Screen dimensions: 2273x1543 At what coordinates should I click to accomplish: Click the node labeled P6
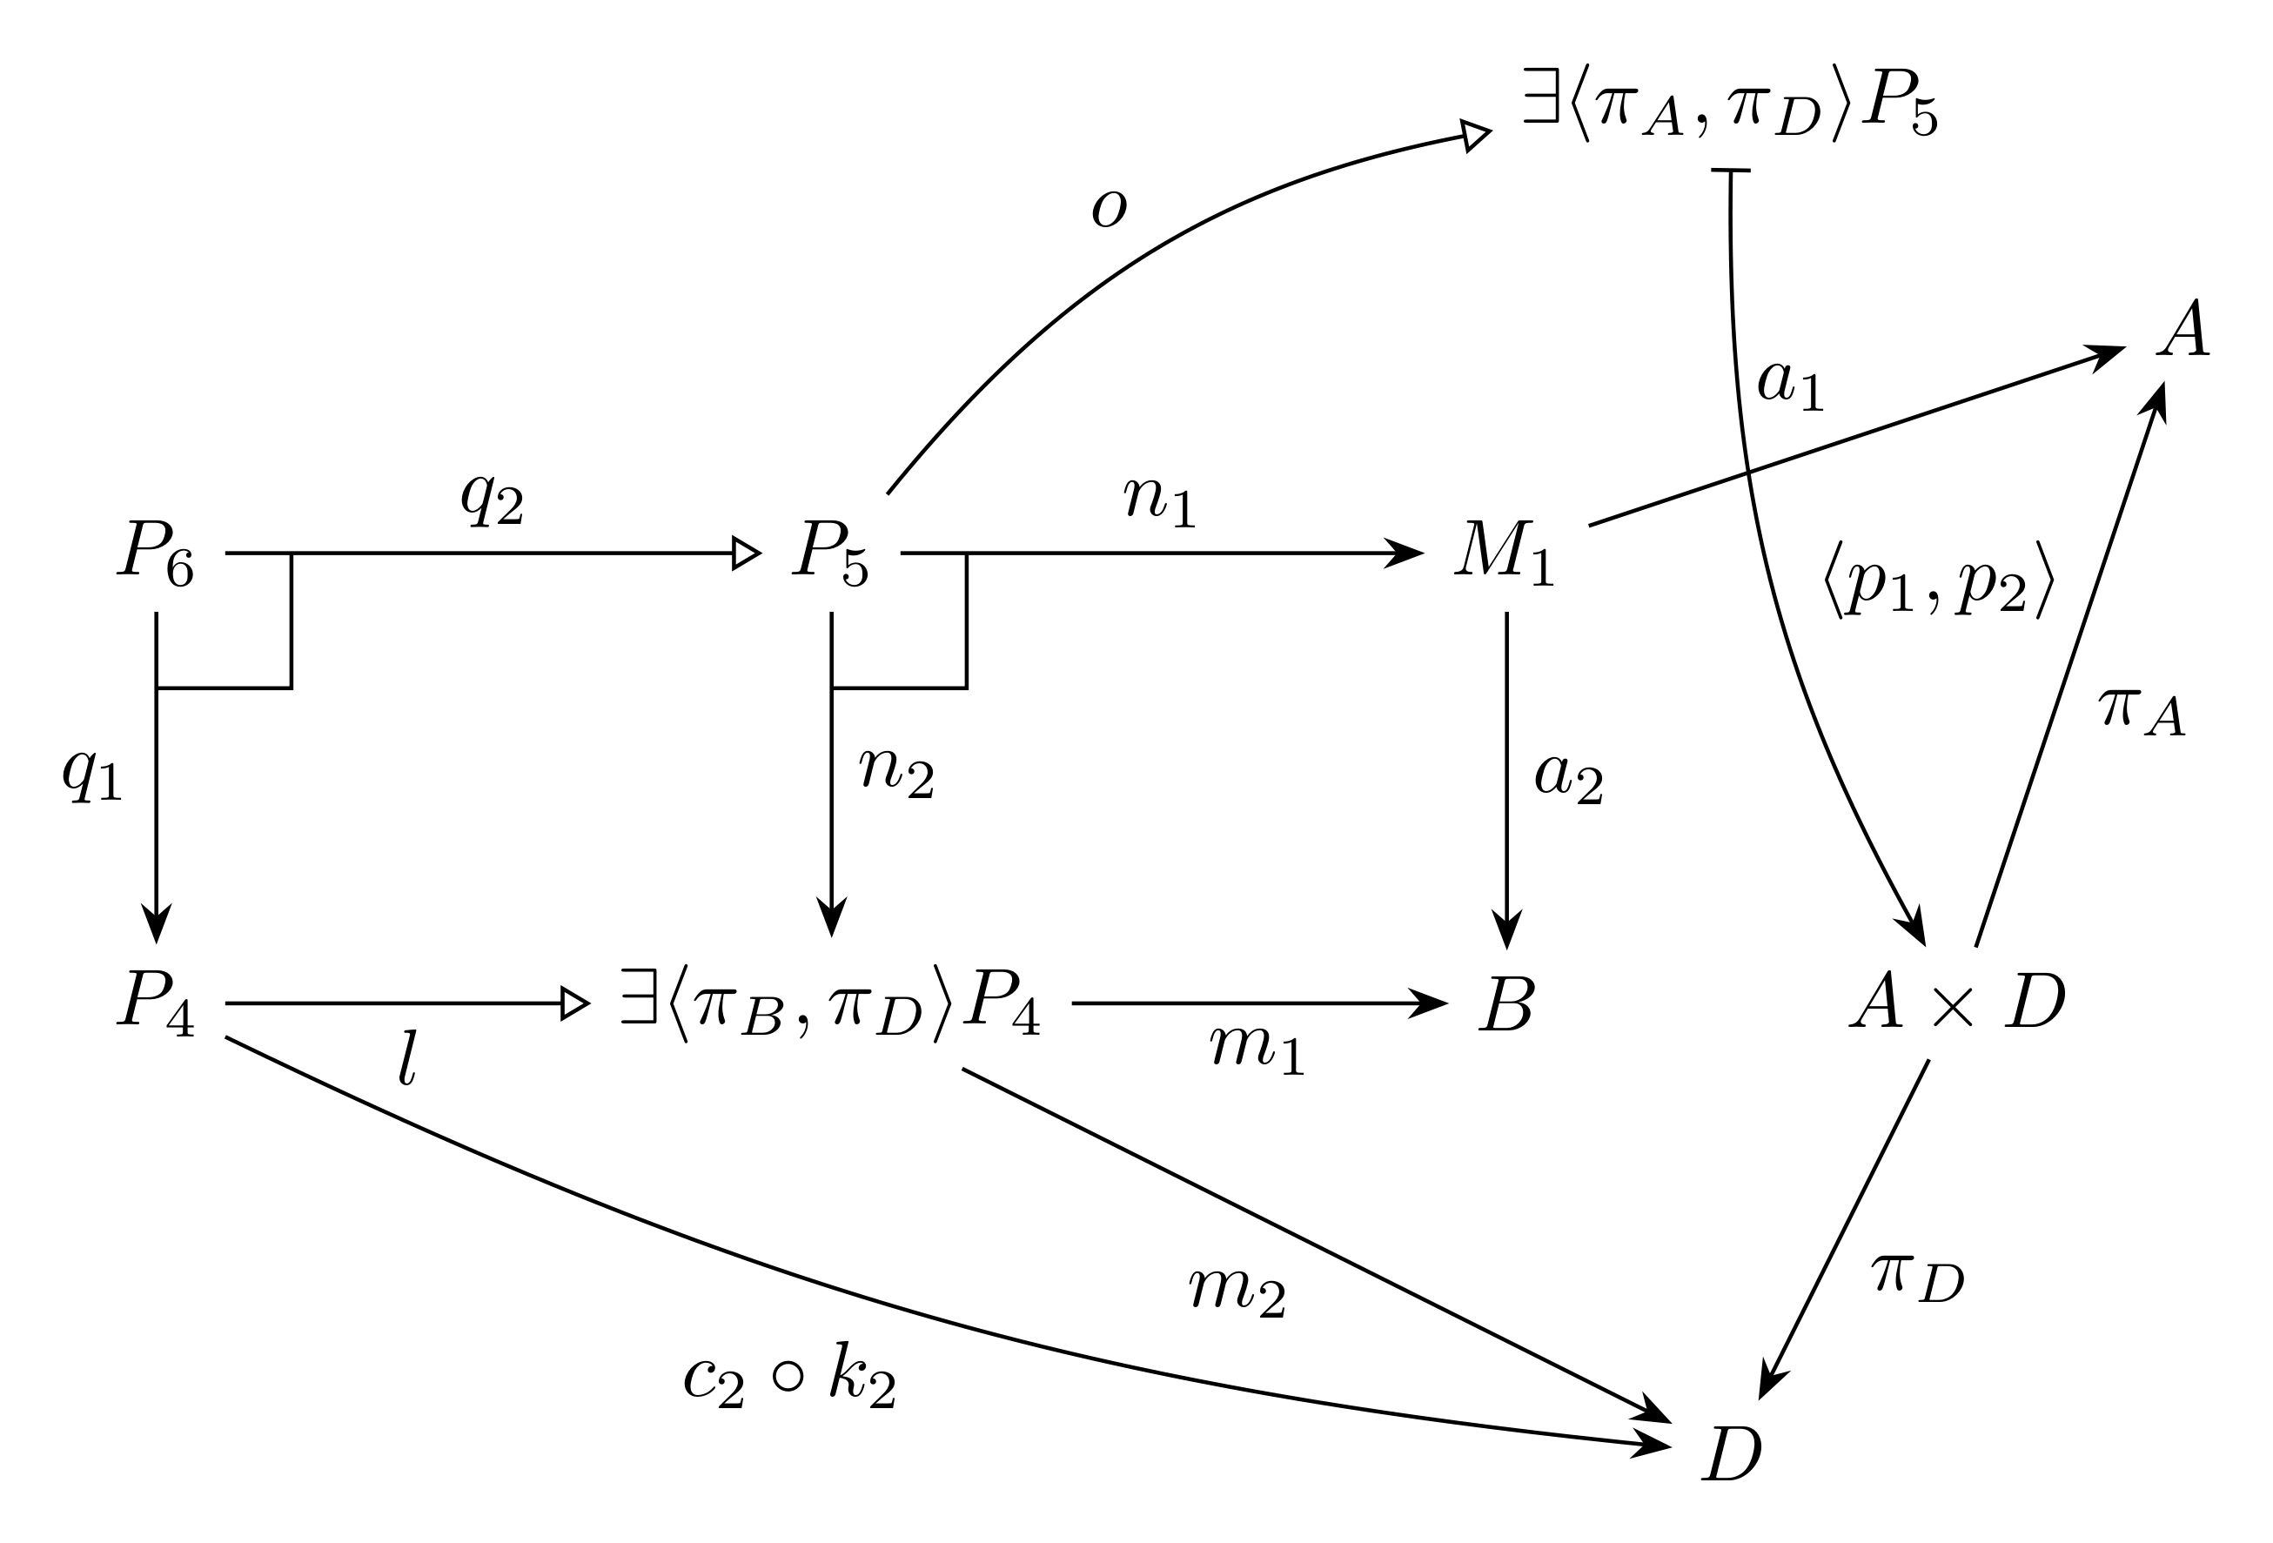coord(156,553)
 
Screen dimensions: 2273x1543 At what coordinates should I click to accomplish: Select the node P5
coord(830,553)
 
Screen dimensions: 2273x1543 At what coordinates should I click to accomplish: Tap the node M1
coord(1505,553)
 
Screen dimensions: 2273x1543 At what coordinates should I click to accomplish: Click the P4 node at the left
coord(156,1003)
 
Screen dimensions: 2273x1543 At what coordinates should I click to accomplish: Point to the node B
coord(1506,1003)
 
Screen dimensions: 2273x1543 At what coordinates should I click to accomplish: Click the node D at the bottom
coord(1731,1454)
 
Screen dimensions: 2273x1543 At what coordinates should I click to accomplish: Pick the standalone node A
coord(2184,329)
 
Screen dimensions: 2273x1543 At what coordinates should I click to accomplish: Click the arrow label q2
coord(492,500)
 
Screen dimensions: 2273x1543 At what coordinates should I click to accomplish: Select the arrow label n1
coord(1160,500)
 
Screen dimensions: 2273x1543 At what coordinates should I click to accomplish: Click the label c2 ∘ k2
coord(789,1376)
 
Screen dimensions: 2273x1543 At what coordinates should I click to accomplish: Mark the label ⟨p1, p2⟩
coord(1939,580)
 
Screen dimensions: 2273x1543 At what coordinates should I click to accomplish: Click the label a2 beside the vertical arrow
coord(1569,779)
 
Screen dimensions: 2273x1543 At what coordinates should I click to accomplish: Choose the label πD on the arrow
coord(1918,1276)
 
